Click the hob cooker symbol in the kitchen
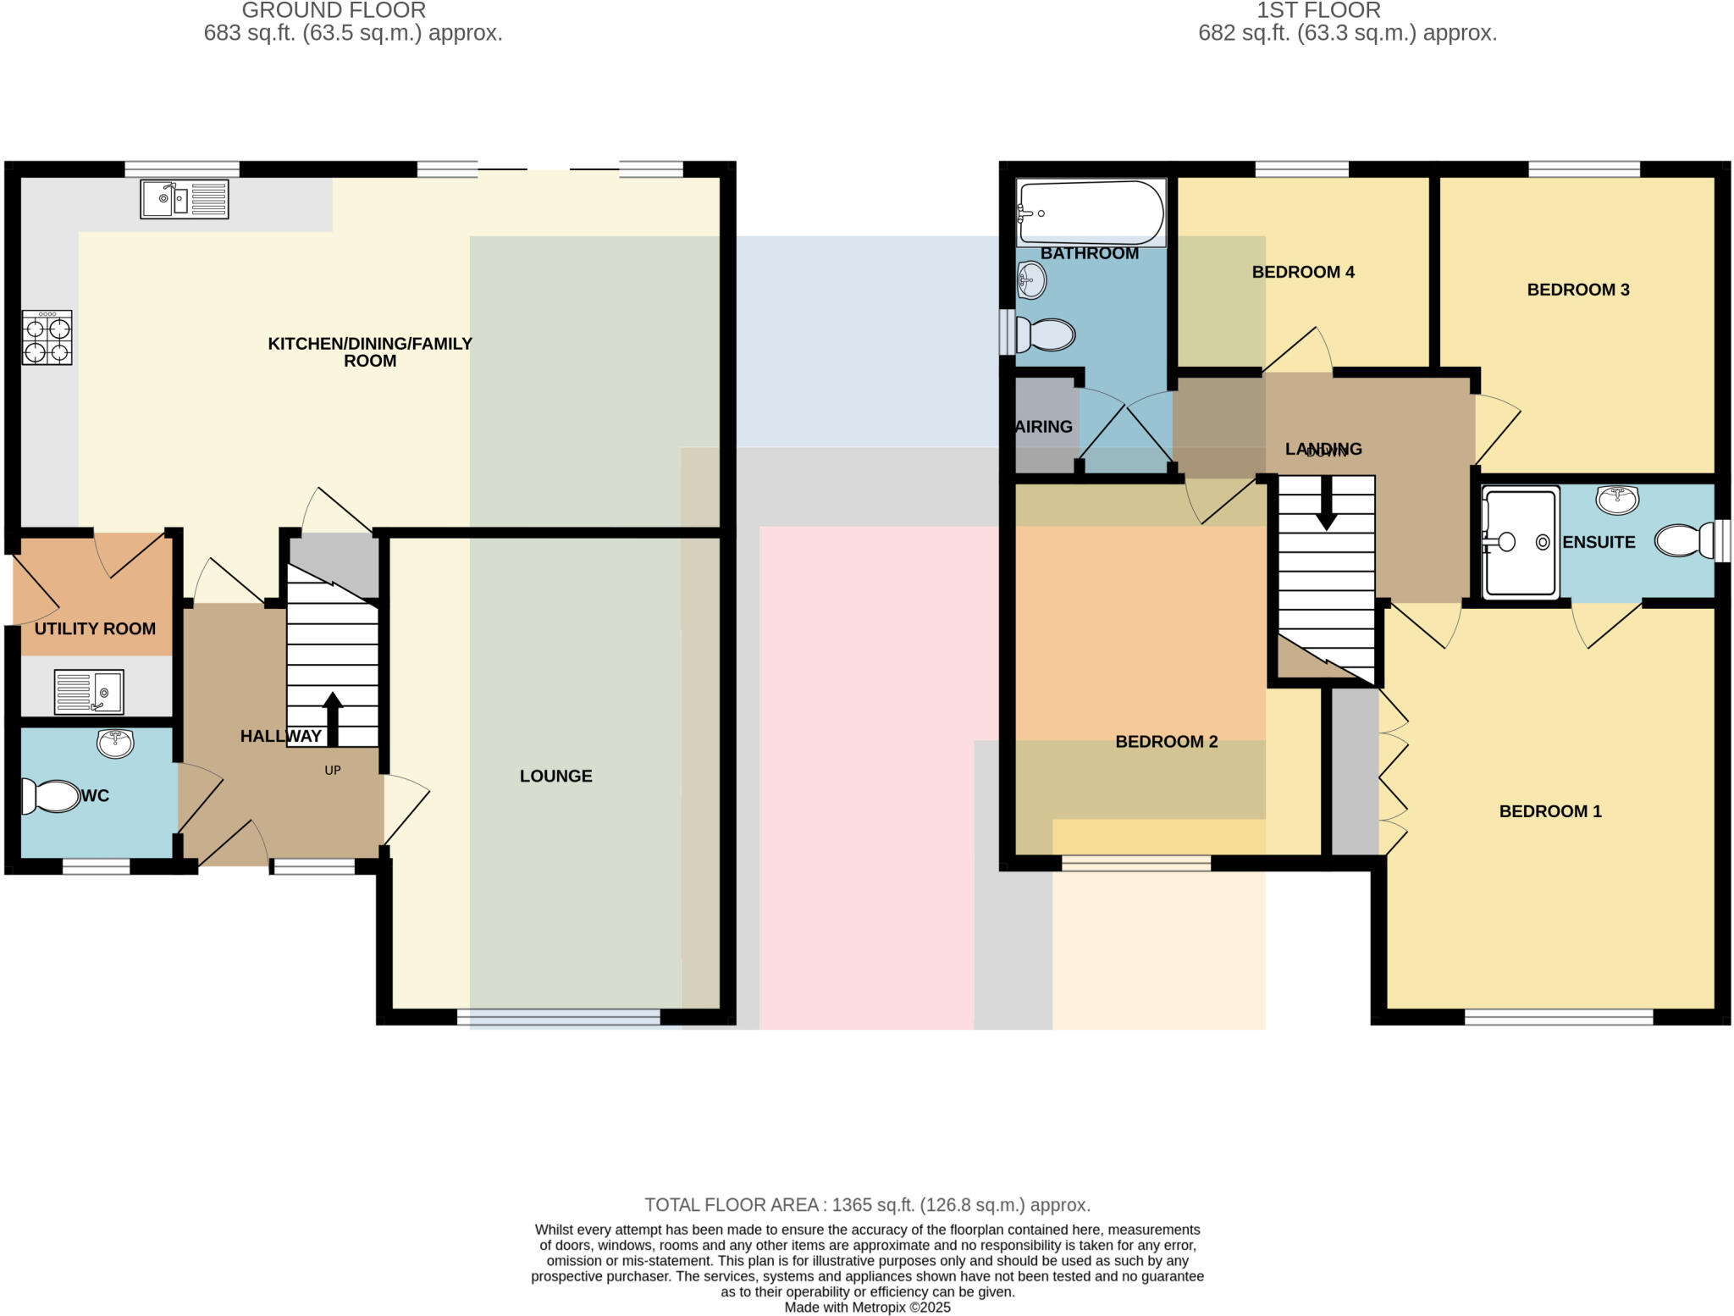[47, 337]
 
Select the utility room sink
[89, 691]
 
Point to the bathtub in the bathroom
[1091, 213]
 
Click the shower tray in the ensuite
[1521, 542]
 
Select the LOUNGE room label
[555, 776]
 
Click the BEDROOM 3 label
[1577, 290]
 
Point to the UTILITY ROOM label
[95, 628]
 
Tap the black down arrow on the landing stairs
[1326, 503]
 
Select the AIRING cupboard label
[1043, 427]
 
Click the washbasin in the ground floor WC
[115, 743]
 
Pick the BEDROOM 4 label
[1303, 272]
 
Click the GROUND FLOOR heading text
[334, 11]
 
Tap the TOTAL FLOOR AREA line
[867, 1204]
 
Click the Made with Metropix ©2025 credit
[867, 1307]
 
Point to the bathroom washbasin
[1032, 279]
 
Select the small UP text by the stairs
[333, 770]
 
